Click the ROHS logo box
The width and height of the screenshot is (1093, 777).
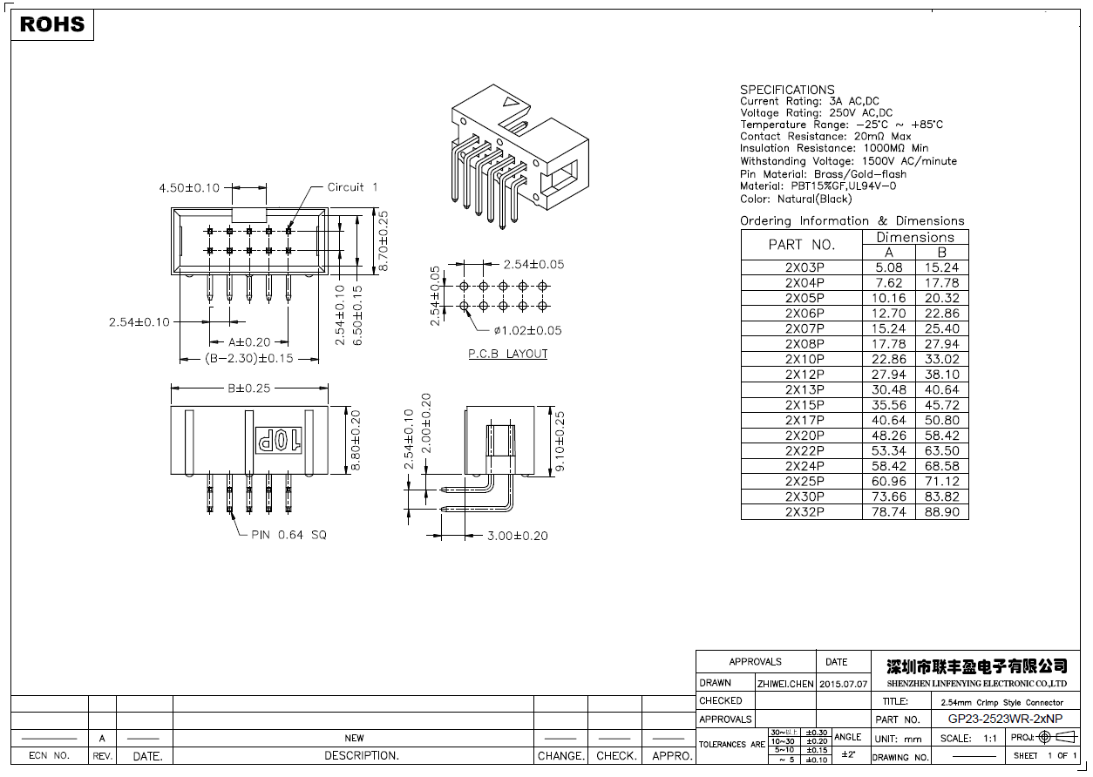[x=52, y=24]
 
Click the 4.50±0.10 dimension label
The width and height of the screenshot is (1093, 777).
[x=189, y=187]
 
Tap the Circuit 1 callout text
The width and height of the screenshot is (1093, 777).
[x=352, y=187]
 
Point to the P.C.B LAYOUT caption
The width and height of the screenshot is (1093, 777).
[x=508, y=354]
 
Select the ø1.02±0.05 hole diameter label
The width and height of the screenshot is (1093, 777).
[x=527, y=330]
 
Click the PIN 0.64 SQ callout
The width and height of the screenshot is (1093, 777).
[x=289, y=535]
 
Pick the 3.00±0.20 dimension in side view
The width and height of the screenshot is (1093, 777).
[x=518, y=536]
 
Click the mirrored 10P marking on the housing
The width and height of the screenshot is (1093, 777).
[x=277, y=441]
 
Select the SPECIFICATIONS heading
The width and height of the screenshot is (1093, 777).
[x=787, y=90]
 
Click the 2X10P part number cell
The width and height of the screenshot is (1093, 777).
[x=804, y=359]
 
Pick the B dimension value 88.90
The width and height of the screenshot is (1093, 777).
[x=941, y=512]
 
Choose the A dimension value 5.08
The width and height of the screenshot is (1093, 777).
[x=888, y=267]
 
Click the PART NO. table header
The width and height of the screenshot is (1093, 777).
[x=801, y=245]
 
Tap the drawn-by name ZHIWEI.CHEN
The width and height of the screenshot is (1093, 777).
[x=785, y=684]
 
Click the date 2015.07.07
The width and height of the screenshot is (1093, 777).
[x=844, y=684]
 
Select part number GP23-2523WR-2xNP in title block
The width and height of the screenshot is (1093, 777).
[x=1005, y=720]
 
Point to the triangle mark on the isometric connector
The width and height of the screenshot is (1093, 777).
[x=512, y=109]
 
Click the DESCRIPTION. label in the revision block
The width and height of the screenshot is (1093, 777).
[x=361, y=756]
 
